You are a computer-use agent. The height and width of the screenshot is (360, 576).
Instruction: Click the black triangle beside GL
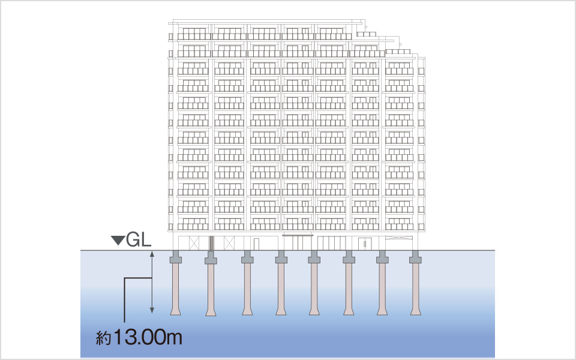click(x=118, y=241)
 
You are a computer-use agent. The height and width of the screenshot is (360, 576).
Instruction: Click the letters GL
click(x=139, y=240)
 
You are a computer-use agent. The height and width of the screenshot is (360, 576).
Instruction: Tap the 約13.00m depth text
click(x=139, y=337)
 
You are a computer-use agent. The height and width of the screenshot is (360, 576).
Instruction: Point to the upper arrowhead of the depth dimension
click(x=152, y=253)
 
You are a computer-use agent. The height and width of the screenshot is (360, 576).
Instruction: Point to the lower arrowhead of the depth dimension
click(x=152, y=311)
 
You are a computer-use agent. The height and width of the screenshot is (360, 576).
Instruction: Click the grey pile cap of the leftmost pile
click(x=176, y=257)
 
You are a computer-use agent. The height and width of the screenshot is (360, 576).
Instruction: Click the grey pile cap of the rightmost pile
click(x=415, y=257)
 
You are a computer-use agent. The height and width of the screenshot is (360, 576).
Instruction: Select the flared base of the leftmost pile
click(x=176, y=311)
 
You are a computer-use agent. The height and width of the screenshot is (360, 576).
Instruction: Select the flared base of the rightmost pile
click(x=415, y=311)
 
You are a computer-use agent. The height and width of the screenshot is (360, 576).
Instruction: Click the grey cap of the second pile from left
click(x=211, y=257)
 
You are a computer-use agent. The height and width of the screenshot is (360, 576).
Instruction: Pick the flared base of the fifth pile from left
click(x=314, y=311)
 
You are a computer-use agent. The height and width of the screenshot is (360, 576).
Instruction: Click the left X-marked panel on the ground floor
click(x=194, y=243)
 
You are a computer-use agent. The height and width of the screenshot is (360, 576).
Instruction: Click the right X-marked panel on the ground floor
click(x=229, y=243)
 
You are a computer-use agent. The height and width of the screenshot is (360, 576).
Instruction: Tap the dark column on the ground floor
click(x=211, y=243)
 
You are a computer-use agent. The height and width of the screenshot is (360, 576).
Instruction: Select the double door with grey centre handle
click(x=365, y=244)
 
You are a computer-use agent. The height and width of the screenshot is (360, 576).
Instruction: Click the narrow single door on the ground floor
click(x=256, y=244)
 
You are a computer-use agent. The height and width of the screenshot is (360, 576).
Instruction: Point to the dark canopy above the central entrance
click(x=298, y=235)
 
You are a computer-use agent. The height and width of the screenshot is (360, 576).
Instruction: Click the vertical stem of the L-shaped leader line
click(x=125, y=300)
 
